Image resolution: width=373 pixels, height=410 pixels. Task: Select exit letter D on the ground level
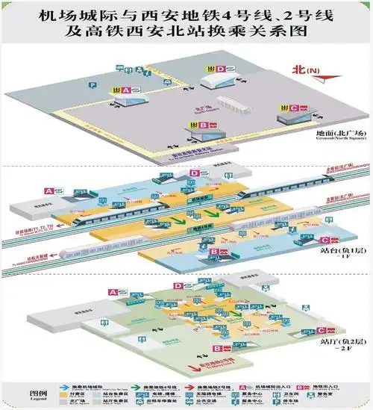click(x=221, y=69)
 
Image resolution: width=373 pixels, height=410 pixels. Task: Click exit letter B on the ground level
click(x=202, y=125)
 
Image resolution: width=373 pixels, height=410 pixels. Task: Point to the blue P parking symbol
click(x=93, y=87)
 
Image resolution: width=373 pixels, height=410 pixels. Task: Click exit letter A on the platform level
click(x=49, y=191)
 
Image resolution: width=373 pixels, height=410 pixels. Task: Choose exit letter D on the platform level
click(x=192, y=173)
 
